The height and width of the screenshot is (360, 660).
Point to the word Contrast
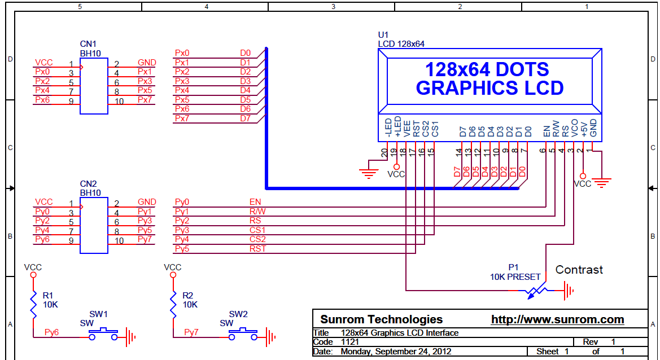pos(579,270)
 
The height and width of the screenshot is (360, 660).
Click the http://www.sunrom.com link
pos(557,320)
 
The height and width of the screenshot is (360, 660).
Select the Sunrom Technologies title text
pos(381,319)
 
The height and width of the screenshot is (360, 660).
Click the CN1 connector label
pos(88,43)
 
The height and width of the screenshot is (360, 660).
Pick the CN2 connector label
pos(88,184)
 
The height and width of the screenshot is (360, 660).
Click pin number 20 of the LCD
pos(384,151)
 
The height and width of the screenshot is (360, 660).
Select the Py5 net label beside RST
pos(182,248)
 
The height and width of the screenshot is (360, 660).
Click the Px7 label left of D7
pos(182,118)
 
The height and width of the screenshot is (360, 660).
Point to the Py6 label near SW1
pos(51,332)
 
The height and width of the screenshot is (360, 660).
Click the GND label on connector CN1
pos(147,62)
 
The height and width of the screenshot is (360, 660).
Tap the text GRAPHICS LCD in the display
pos(489,89)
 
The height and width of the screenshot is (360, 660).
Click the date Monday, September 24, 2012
pos(396,352)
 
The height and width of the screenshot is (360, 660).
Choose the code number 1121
pos(351,342)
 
